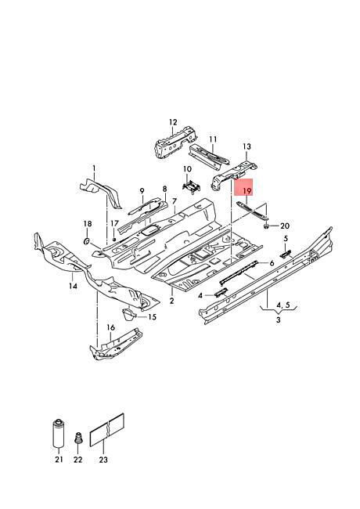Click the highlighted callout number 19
(247, 191)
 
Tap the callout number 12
(173, 122)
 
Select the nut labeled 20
(266, 226)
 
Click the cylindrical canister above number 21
(59, 434)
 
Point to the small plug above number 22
(77, 439)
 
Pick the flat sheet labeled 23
(106, 430)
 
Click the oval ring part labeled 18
(87, 241)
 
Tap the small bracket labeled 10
(191, 187)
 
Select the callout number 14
(73, 286)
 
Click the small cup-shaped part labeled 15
(128, 314)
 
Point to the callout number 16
(111, 327)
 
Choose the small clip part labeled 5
(286, 253)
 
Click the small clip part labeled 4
(221, 292)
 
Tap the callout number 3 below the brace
(279, 319)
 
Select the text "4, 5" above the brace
(283, 305)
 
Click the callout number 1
(94, 168)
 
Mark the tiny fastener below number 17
(113, 240)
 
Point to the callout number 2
(171, 301)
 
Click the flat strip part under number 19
(253, 211)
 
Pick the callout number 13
(247, 146)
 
